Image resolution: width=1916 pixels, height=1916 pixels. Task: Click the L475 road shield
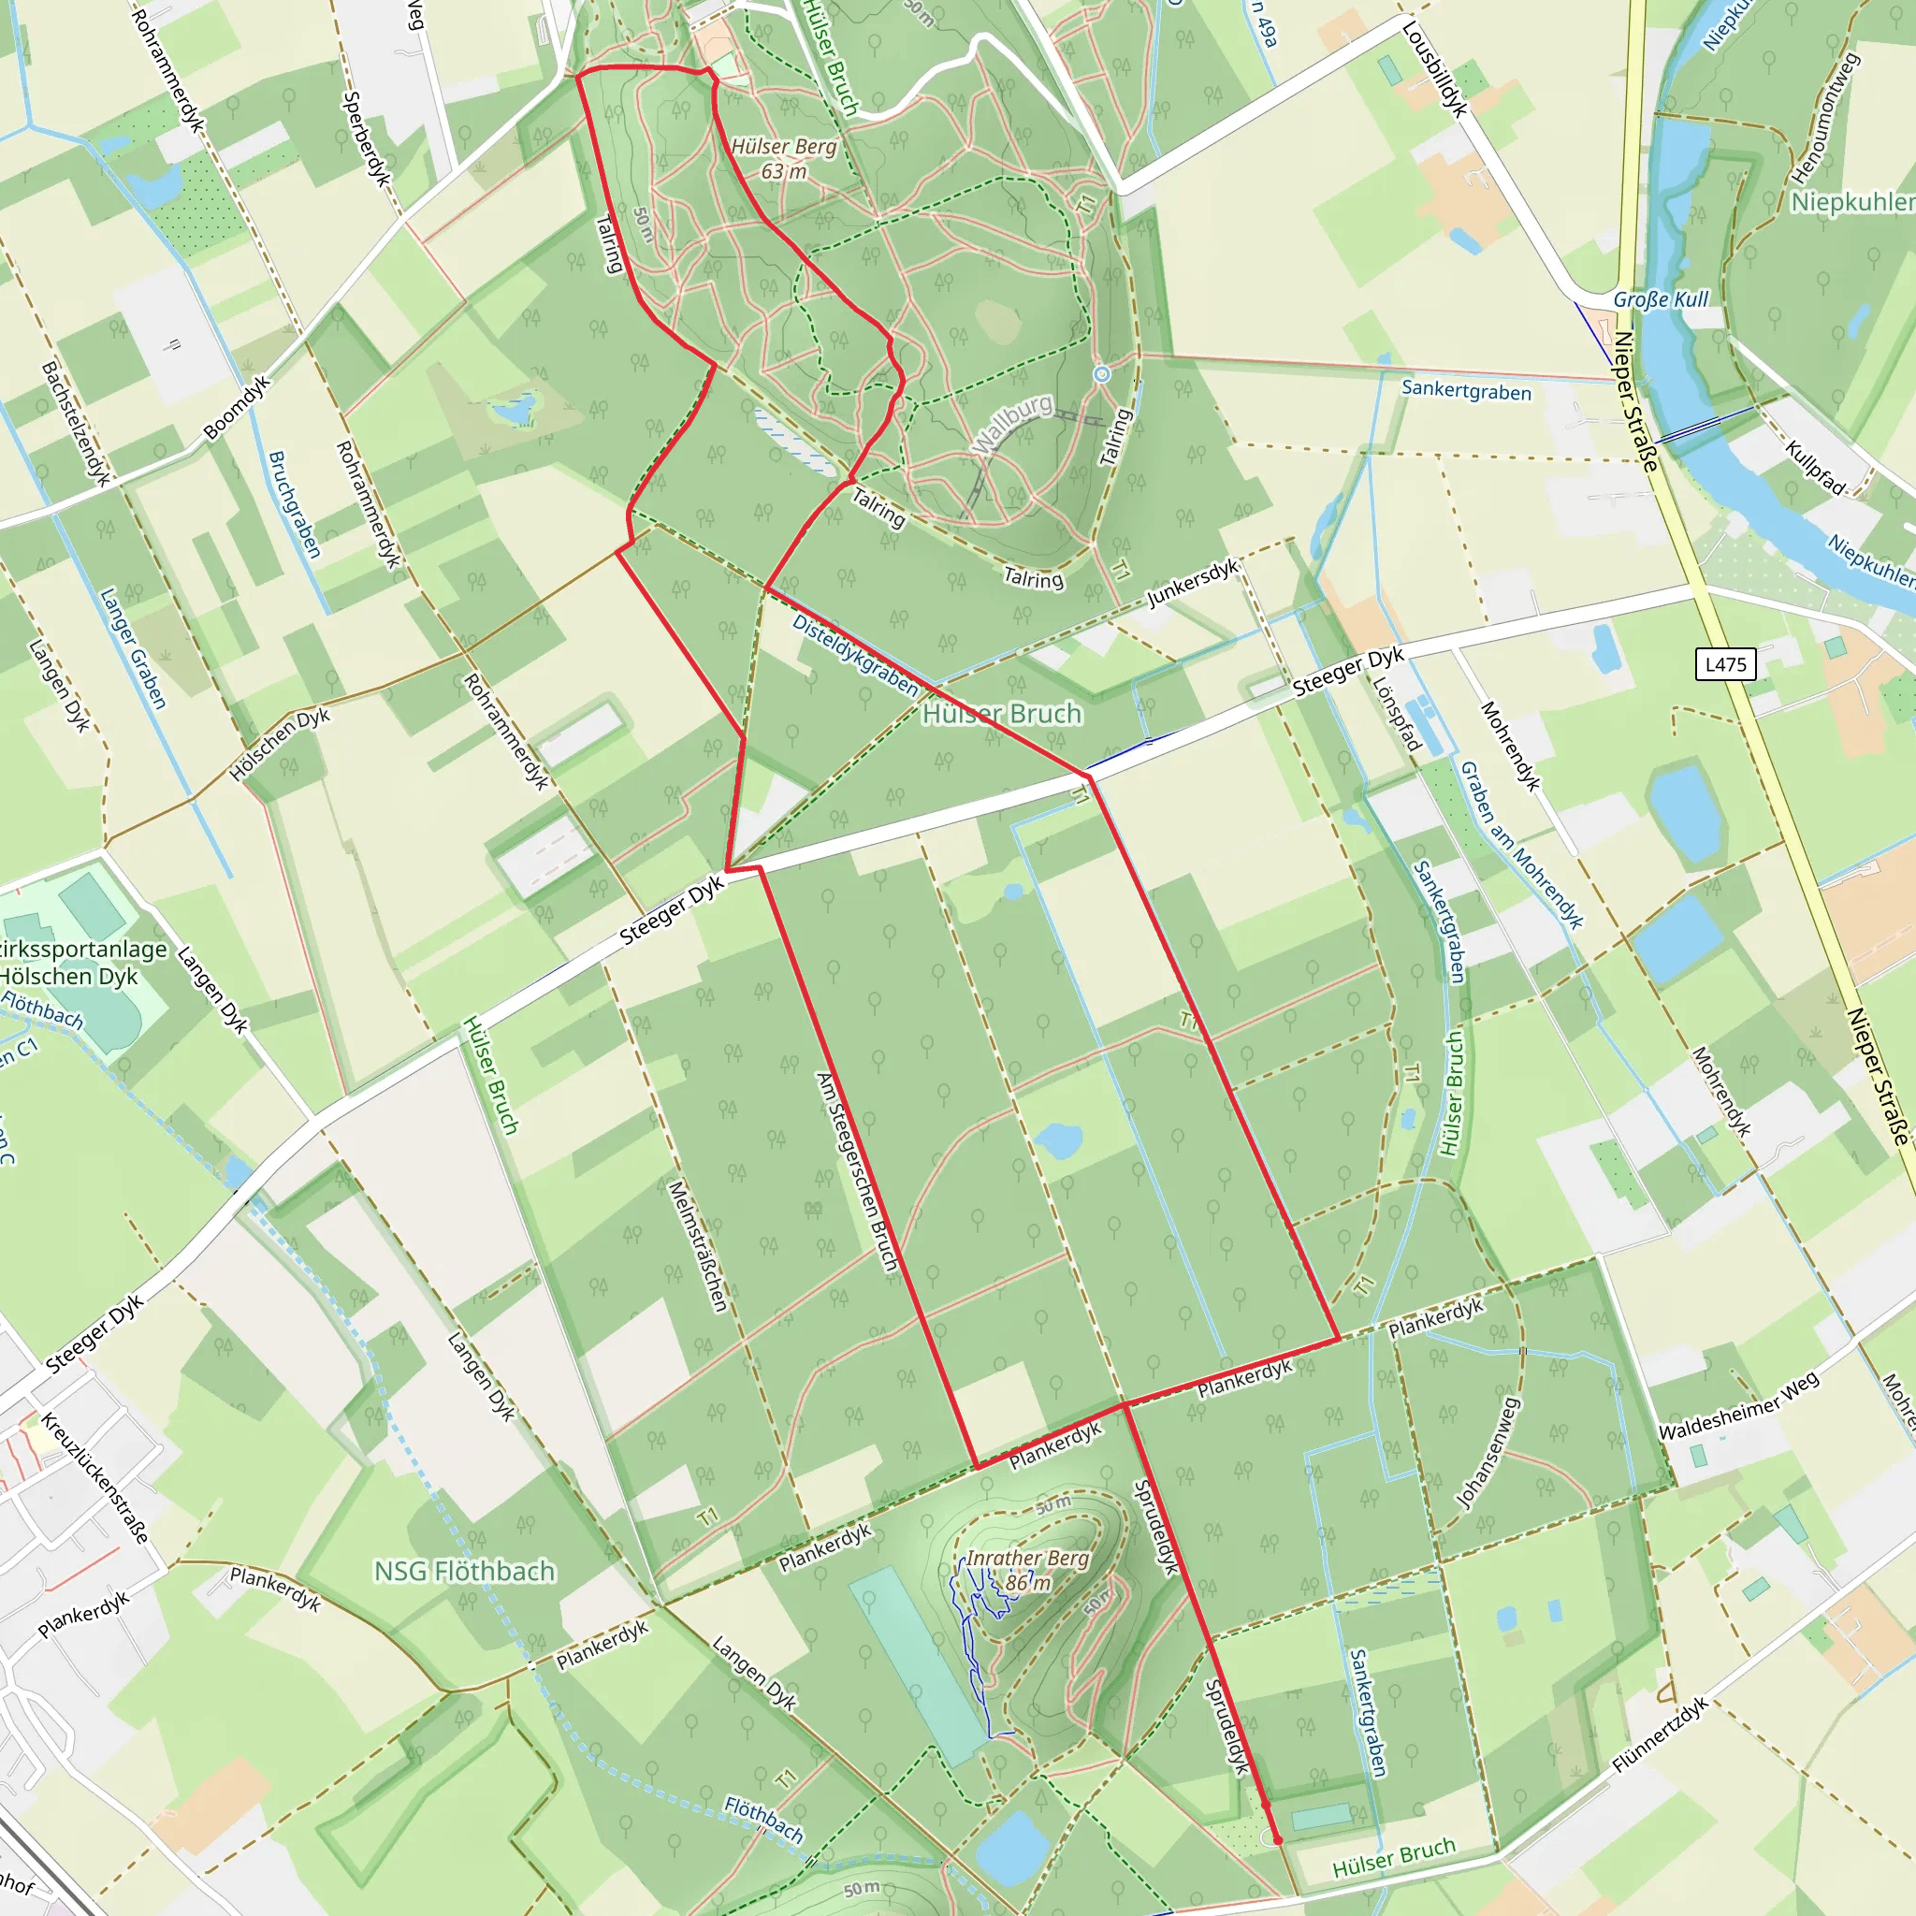(1725, 664)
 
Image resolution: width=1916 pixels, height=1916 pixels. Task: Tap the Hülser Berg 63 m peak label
(784, 159)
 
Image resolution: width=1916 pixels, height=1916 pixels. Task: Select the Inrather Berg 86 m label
(1027, 1570)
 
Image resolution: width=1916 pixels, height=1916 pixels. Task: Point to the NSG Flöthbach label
(464, 1571)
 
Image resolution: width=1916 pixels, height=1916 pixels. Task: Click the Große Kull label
(1662, 299)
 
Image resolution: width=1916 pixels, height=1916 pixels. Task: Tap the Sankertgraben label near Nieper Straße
(1466, 391)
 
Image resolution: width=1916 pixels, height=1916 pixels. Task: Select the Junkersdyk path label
(1193, 583)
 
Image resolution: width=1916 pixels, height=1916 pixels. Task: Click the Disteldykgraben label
(855, 655)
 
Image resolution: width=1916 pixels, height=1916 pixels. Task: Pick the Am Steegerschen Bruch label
(857, 1171)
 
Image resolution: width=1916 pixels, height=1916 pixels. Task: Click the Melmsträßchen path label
(698, 1245)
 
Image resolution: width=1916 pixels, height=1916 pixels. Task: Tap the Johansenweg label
(1488, 1453)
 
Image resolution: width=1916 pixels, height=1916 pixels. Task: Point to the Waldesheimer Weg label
(1738, 1406)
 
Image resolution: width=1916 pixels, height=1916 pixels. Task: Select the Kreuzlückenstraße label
(95, 1477)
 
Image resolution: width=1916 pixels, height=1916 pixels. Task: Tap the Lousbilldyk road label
(1434, 69)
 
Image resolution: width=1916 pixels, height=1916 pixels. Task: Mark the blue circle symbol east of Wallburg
(1102, 374)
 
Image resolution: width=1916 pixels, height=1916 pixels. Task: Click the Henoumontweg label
(1823, 119)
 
